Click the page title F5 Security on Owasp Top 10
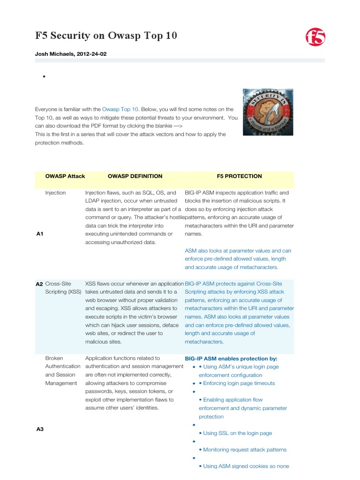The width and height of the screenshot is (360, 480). pyautogui.click(x=106, y=37)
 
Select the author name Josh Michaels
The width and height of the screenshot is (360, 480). pyautogui.click(x=56, y=54)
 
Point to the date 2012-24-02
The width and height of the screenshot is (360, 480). pyautogui.click(x=92, y=54)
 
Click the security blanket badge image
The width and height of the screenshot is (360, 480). pyautogui.click(x=268, y=112)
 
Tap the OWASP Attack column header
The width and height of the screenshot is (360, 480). pyautogui.click(x=65, y=176)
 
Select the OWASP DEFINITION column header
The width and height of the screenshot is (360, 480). pyautogui.click(x=135, y=176)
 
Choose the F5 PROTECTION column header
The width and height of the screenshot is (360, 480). pyautogui.click(x=239, y=176)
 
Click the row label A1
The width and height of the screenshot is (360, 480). pyautogui.click(x=40, y=234)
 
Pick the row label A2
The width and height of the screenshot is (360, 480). pyautogui.click(x=39, y=284)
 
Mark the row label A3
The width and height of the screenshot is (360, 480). pyautogui.click(x=40, y=429)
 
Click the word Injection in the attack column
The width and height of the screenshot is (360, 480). pyautogui.click(x=55, y=193)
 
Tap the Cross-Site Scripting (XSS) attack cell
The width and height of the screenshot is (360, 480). pyautogui.click(x=63, y=288)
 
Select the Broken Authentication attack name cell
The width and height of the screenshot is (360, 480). pyautogui.click(x=63, y=370)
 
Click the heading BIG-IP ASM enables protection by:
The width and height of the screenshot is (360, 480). pyautogui.click(x=231, y=358)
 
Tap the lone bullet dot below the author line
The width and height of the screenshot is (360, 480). pyautogui.click(x=44, y=77)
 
